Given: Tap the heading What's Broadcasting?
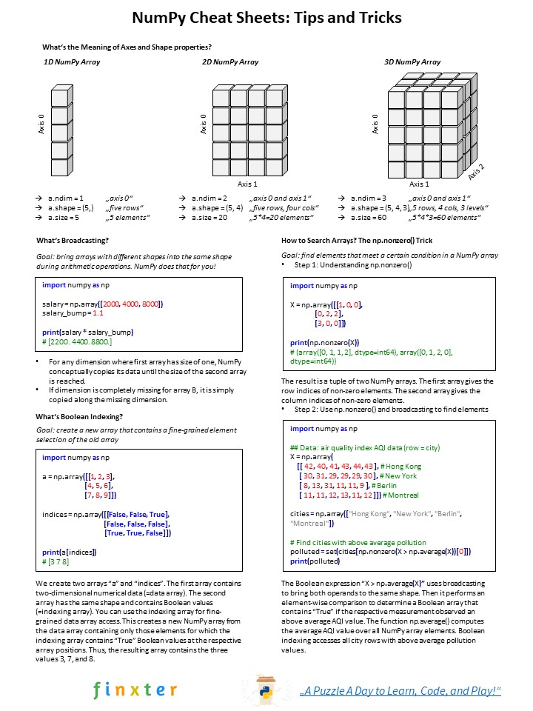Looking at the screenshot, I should coord(73,241).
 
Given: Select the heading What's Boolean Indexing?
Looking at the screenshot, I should coord(79,416).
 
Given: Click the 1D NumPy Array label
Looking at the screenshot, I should coord(73,62).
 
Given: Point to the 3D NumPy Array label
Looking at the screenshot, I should coord(412,62).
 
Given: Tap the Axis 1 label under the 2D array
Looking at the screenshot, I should coord(247,184).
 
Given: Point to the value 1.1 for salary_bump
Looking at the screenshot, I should coord(98,313).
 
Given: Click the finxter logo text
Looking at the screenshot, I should coord(135,690).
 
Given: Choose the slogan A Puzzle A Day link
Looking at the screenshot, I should coord(400,690).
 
